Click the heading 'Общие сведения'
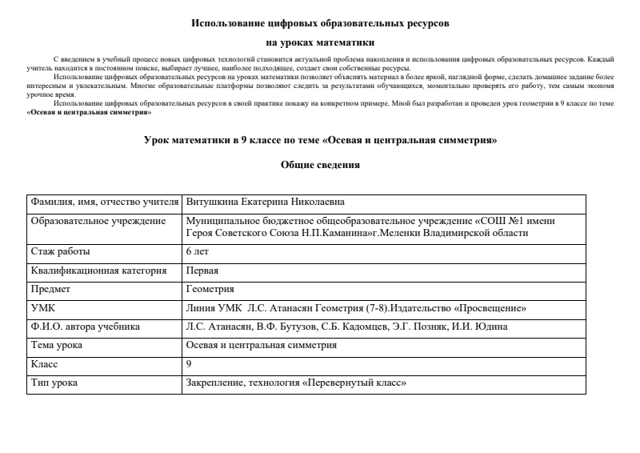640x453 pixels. tap(320, 166)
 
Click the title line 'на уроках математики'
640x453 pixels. tap(320, 43)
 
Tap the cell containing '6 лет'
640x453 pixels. tap(197, 251)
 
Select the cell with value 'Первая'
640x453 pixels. tap(202, 271)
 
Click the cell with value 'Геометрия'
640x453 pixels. tap(210, 289)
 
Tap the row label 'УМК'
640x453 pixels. tap(42, 308)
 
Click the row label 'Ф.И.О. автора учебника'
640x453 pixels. tap(86, 327)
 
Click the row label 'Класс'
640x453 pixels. tap(45, 364)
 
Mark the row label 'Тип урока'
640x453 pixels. tap(54, 383)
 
